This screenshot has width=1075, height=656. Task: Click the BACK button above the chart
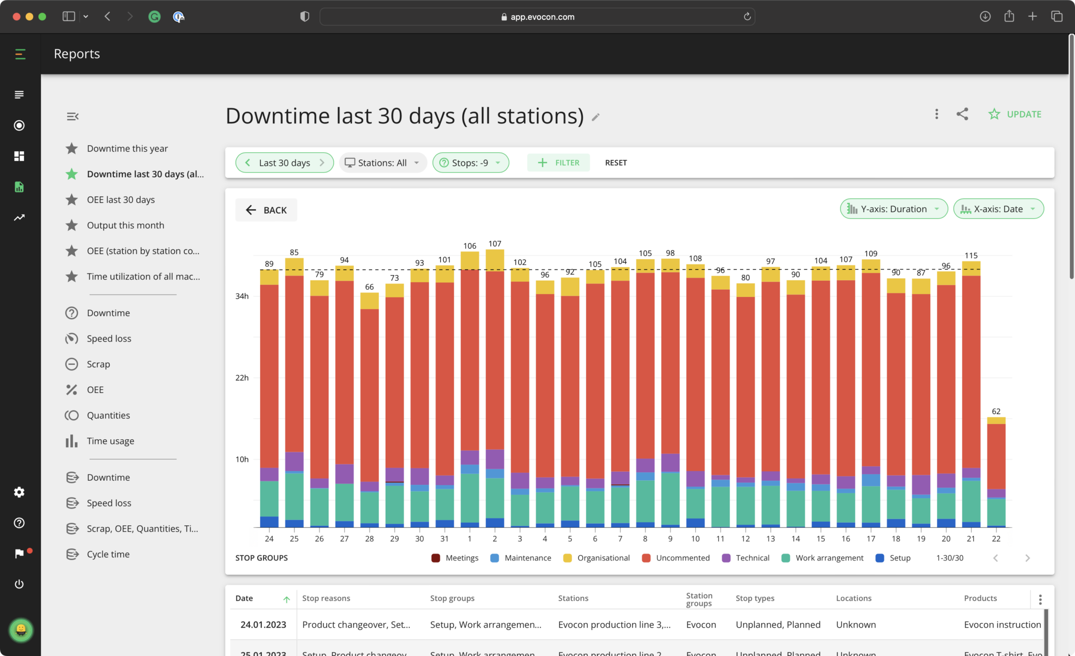coord(266,210)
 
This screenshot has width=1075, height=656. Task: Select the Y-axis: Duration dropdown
coord(893,209)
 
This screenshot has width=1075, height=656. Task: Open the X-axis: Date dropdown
coord(998,209)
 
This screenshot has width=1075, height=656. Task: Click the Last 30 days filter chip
coord(284,163)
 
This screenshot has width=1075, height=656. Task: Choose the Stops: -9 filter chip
coord(470,163)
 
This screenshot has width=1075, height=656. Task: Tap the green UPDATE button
coord(1015,114)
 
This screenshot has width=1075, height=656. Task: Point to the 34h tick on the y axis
coord(242,297)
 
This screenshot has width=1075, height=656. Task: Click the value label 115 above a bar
coord(971,256)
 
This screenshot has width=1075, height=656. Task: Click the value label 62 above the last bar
coord(996,411)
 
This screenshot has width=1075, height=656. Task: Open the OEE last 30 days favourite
coord(121,200)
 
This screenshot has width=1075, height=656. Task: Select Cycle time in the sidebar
coord(108,554)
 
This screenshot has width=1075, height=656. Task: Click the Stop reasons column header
coord(326,598)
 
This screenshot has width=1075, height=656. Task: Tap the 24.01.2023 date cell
coord(263,625)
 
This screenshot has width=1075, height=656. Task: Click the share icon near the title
coord(962,114)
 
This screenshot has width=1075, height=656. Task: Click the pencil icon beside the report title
coord(595,117)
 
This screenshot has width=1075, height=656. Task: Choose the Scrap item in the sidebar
coord(98,364)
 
